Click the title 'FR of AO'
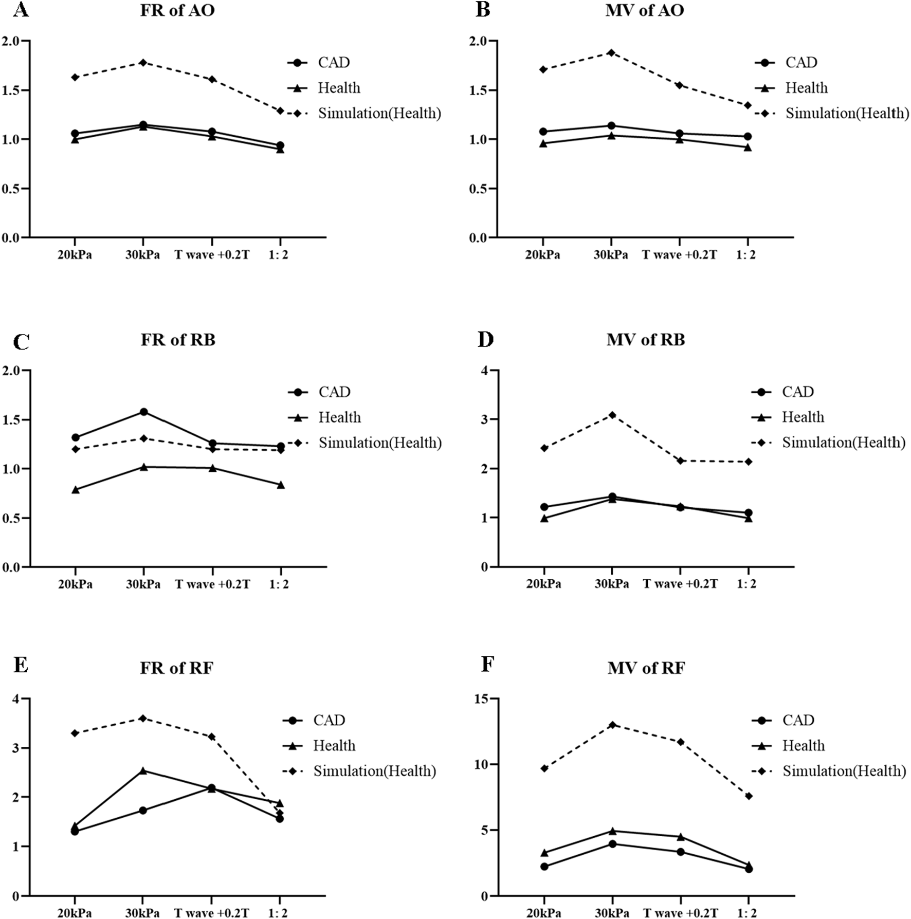(177, 10)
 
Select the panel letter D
(485, 339)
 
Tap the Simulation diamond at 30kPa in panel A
(143, 63)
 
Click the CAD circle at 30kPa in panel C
(144, 412)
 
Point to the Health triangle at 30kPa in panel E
(143, 770)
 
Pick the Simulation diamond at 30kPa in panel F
(612, 725)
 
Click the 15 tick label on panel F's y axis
(480, 699)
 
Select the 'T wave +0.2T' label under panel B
(679, 254)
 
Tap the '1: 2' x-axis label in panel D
(746, 584)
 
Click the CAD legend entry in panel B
(800, 63)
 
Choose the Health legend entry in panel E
(334, 746)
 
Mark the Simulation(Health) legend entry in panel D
(843, 443)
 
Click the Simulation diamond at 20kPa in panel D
(544, 448)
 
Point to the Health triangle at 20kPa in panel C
(76, 490)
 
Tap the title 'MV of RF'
(646, 668)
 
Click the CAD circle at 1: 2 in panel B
(748, 136)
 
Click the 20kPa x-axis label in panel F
(543, 913)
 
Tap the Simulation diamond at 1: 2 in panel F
(749, 796)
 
